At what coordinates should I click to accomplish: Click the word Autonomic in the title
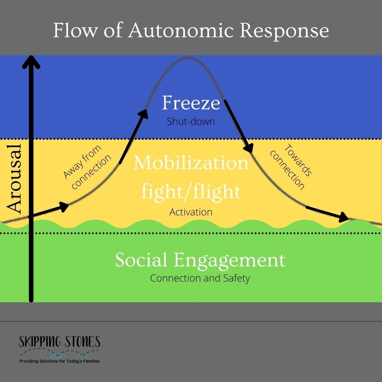click(180, 31)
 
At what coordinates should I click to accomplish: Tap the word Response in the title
click(285, 31)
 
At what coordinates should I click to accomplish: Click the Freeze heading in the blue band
click(191, 103)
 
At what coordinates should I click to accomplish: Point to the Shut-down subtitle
click(191, 121)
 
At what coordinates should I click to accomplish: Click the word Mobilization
click(191, 163)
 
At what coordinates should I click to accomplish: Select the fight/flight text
click(191, 191)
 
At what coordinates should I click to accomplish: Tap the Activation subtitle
click(191, 212)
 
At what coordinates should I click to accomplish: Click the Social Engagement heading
click(200, 260)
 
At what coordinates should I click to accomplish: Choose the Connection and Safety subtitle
click(200, 278)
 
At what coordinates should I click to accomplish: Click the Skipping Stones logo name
click(59, 342)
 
